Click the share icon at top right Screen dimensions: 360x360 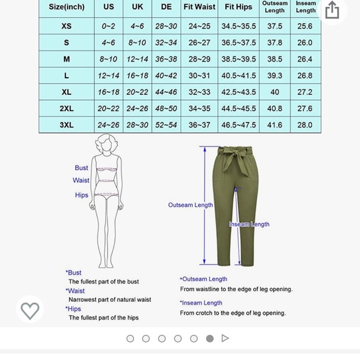(332, 10)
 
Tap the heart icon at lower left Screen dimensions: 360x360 (30, 310)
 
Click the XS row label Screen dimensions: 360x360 (66, 26)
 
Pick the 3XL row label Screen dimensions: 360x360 (66, 125)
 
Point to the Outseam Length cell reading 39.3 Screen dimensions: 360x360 (274, 76)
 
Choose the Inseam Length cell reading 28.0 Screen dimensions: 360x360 (305, 125)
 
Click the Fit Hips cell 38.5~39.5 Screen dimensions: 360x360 (238, 59)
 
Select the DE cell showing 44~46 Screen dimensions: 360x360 (166, 92)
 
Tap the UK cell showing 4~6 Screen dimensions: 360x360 (137, 26)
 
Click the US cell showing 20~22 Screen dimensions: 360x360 (109, 109)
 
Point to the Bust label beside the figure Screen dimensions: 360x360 (81, 168)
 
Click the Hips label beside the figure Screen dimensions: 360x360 (81, 195)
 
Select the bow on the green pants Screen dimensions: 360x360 (234, 163)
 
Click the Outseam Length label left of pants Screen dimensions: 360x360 (190, 205)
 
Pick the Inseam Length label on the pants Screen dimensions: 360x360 (249, 224)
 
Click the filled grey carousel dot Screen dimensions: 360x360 (210, 338)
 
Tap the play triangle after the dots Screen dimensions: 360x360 (225, 338)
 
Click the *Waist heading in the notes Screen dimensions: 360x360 (75, 290)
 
